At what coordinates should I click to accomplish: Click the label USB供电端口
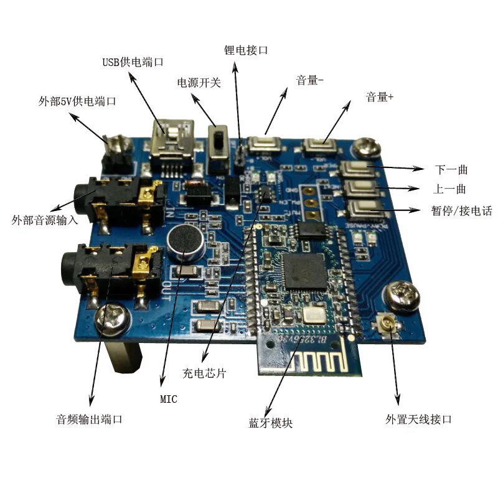133,62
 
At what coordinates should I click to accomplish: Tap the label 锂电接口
246,50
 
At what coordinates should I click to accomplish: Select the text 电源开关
199,83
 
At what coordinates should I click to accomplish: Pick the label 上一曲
449,189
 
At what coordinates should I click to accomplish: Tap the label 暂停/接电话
461,210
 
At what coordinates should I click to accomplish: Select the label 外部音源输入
45,220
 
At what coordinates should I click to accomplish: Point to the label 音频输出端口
90,419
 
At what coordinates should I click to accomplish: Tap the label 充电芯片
204,373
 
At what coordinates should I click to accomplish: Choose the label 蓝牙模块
270,423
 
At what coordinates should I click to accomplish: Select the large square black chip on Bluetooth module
303,272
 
